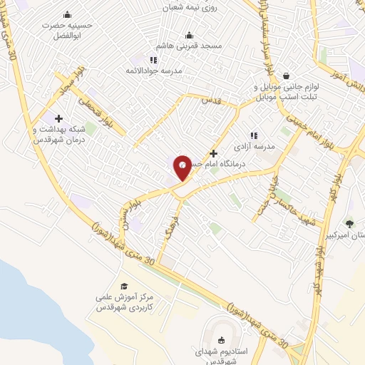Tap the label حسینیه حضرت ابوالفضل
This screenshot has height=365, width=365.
pyautogui.click(x=67, y=29)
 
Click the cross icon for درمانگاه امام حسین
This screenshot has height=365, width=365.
pyautogui.click(x=213, y=153)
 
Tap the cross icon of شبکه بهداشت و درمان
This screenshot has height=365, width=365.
pyautogui.click(x=58, y=118)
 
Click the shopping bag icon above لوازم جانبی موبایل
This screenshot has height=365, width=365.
pyautogui.click(x=286, y=76)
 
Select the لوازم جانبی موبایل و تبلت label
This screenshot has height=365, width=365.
pyautogui.click(x=289, y=91)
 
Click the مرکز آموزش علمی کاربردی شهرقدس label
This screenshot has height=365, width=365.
pyautogui.click(x=125, y=304)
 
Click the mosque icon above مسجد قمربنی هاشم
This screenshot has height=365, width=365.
pyautogui.click(x=189, y=35)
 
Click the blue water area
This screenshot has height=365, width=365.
pyautogui.click(x=29, y=299)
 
